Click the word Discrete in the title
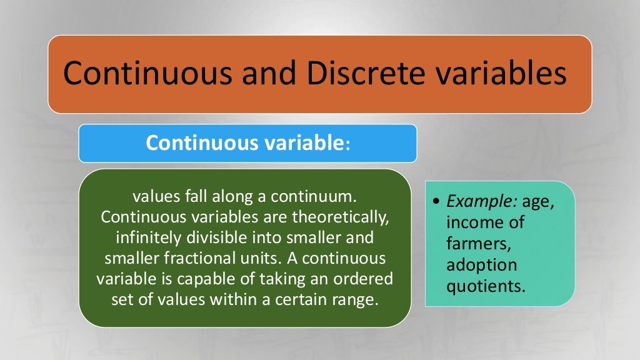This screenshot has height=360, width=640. [362, 74]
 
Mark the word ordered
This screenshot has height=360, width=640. [365, 279]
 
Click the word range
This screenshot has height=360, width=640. [357, 299]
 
